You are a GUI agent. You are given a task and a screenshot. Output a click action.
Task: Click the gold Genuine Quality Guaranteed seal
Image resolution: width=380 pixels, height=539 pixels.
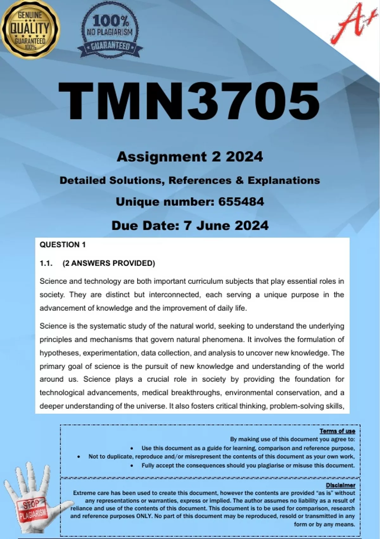pos(30,29)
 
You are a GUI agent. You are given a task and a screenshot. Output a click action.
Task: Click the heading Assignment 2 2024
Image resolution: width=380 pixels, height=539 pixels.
pos(190,157)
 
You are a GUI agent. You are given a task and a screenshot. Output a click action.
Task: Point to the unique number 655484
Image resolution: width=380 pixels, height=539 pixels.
pos(241,202)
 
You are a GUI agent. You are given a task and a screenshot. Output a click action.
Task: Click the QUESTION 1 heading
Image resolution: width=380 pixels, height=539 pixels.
pos(63,245)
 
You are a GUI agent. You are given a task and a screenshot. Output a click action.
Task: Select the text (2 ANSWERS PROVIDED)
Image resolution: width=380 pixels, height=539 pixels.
pos(109,263)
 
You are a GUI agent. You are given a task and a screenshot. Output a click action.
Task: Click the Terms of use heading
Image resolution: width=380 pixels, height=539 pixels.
pos(337,431)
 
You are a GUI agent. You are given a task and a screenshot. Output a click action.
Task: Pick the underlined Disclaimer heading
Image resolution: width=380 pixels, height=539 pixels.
pos(340,485)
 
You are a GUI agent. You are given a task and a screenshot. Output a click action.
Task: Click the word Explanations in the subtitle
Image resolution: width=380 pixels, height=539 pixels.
pos(283,180)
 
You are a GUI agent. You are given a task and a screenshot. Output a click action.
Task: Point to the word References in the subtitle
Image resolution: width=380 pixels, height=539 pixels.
pos(200,180)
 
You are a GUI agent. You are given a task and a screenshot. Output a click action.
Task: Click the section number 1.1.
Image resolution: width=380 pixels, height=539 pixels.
pos(46,263)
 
